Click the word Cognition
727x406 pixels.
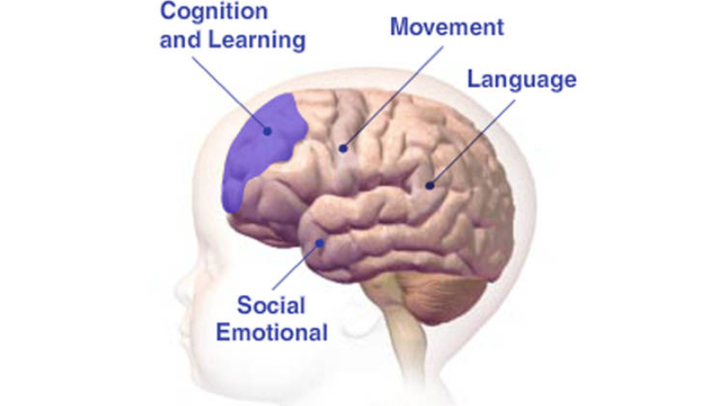tap(214, 11)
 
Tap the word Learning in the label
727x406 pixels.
tap(257, 40)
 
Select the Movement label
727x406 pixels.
tap(447, 27)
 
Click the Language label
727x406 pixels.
tap(522, 80)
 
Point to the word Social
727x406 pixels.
tap(272, 305)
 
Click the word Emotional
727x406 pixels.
tap(272, 332)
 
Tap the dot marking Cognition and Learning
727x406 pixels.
tap(267, 132)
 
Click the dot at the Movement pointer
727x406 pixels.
tap(343, 148)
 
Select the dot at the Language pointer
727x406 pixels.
tap(430, 186)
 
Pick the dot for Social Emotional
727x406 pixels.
tap(320, 243)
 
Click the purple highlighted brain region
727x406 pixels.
tap(259, 148)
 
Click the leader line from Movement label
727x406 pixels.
tap(393, 97)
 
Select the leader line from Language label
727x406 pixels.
tap(472, 142)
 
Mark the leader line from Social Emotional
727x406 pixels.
tap(296, 267)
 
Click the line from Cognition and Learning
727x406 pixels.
tap(230, 94)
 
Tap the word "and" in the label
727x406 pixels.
tap(180, 40)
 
